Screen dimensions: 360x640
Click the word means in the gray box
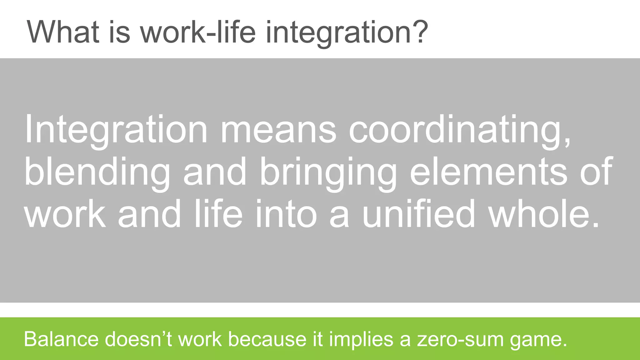pos(278,130)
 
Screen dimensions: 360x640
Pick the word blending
pos(97,173)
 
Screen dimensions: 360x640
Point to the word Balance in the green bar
pos(61,339)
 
